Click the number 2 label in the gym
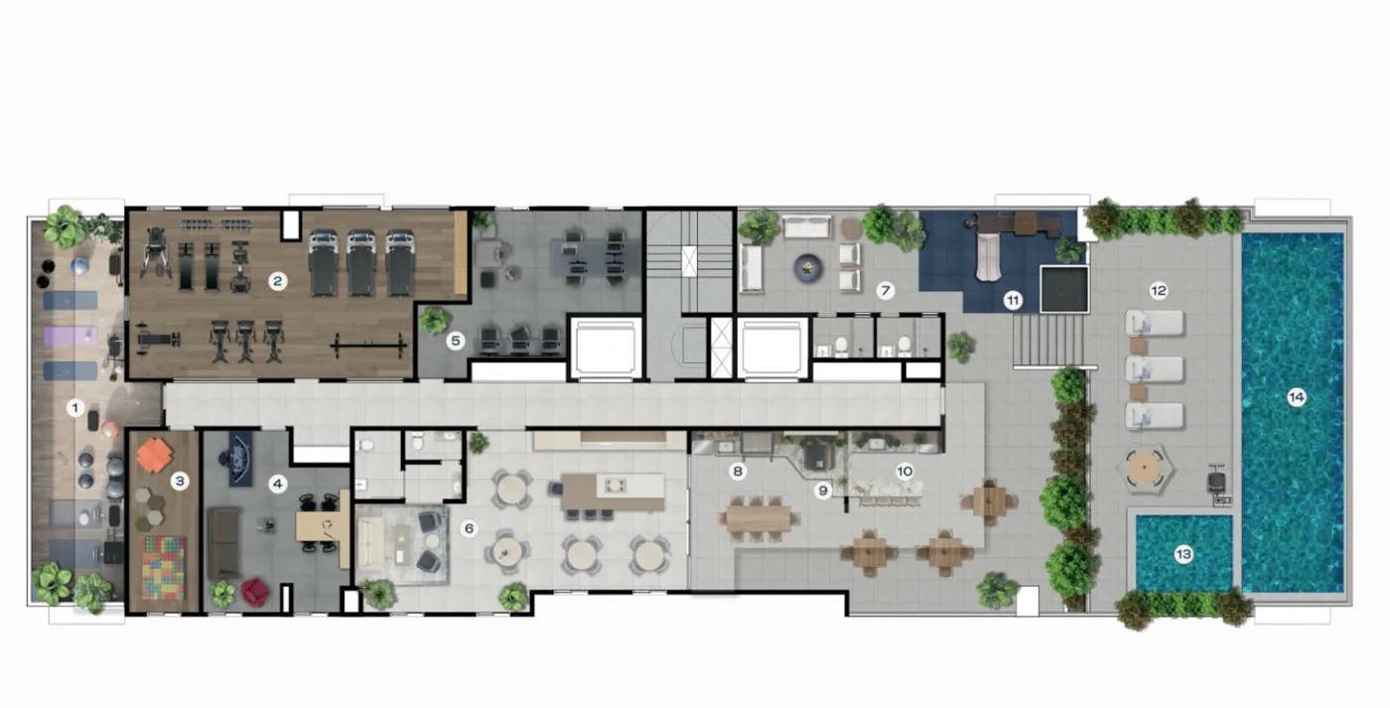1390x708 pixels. click(277, 282)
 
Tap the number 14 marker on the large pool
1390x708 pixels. click(1296, 397)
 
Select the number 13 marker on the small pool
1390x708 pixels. click(1183, 554)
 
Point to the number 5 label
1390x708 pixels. click(456, 341)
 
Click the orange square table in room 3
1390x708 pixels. click(154, 454)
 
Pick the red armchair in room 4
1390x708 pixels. click(255, 592)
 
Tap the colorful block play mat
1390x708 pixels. click(164, 568)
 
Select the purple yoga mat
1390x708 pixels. click(70, 336)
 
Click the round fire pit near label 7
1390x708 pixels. click(808, 268)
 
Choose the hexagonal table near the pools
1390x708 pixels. click(1145, 468)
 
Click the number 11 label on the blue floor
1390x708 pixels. click(1013, 301)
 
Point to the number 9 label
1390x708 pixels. click(823, 491)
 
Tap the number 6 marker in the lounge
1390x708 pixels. click(469, 528)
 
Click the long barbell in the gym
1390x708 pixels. click(368, 345)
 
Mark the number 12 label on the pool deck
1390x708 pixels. click(1158, 290)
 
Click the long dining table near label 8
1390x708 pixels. click(759, 518)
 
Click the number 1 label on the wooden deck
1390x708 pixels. click(75, 408)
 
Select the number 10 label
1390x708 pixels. click(904, 472)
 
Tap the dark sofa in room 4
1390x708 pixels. click(223, 542)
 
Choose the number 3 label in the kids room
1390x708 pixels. click(180, 481)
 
